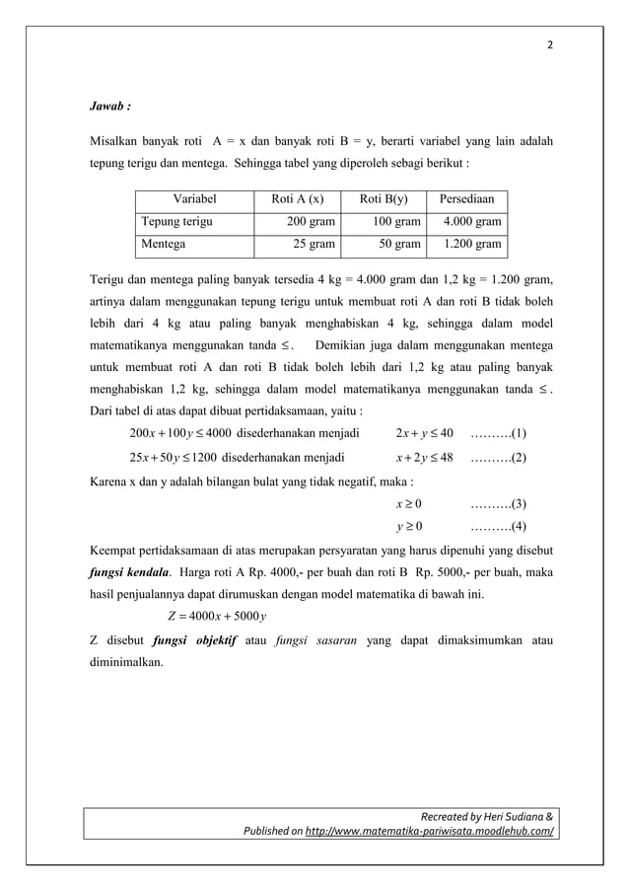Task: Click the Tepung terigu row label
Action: pyautogui.click(x=177, y=222)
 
